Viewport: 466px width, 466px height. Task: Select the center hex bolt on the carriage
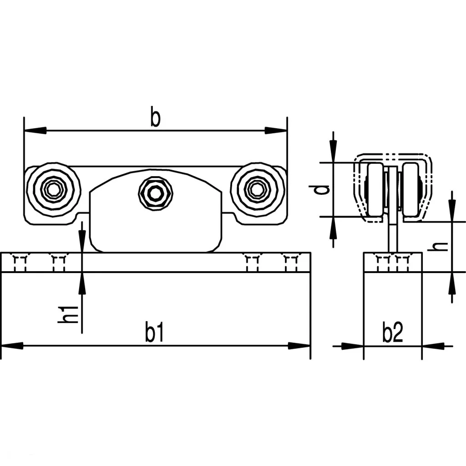(156, 193)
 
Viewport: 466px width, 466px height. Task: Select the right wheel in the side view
(410, 189)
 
